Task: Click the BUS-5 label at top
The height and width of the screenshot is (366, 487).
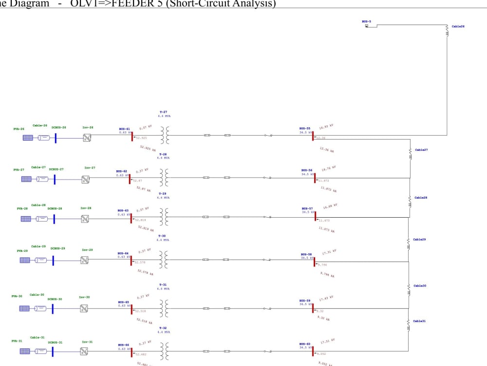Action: tap(366, 21)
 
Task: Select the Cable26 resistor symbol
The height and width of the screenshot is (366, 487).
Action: tap(447, 30)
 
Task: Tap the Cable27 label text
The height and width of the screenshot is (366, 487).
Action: tap(421, 150)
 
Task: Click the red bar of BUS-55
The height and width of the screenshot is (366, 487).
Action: tap(314, 136)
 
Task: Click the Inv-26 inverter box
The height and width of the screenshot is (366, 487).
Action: tap(87, 138)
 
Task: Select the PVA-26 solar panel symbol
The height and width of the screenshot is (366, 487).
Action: tap(28, 138)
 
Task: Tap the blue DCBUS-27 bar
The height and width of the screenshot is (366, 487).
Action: tap(55, 180)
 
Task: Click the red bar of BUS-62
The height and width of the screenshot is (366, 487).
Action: tap(130, 179)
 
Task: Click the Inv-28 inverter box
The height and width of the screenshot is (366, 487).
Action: tap(85, 219)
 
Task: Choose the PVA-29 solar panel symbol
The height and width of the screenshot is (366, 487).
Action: tap(24, 260)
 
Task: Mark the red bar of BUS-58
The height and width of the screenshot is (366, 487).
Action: tap(314, 261)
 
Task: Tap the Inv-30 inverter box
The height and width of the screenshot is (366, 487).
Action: tap(84, 308)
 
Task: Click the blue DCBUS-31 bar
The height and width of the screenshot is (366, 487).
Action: tap(53, 351)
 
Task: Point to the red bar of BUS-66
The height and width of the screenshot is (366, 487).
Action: tap(131, 351)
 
